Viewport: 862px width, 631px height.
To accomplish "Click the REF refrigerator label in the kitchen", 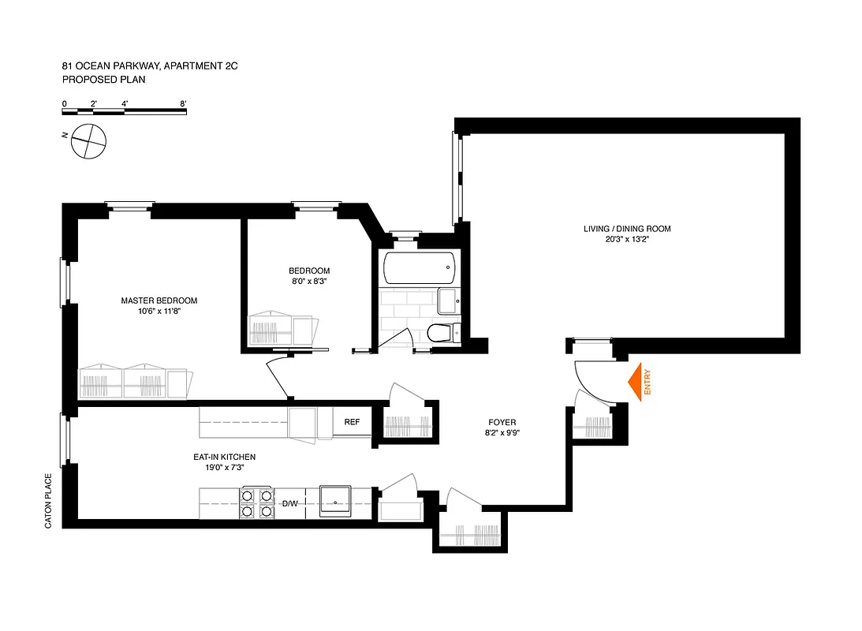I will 352,422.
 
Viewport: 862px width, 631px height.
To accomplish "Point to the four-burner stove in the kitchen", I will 256,503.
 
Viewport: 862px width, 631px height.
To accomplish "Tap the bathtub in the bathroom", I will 418,267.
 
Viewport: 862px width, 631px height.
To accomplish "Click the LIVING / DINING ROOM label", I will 626,229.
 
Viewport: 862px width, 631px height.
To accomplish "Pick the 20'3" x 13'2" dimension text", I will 626,240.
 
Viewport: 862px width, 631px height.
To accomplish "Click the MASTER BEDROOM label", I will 159,301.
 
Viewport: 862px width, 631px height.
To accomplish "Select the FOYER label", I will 501,422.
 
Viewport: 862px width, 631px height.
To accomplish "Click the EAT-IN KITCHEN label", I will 225,457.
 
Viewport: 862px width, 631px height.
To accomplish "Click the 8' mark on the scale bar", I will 183,103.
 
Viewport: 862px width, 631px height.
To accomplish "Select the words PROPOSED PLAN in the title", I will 103,80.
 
